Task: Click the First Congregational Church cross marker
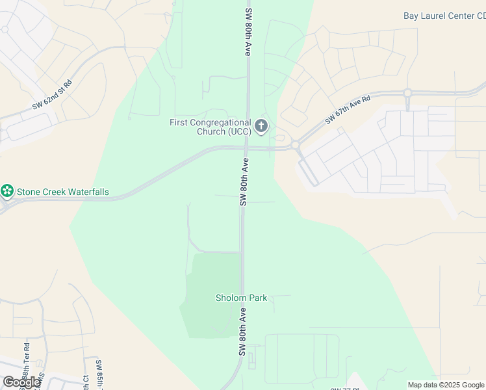[261, 125]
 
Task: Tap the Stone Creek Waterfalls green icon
[7, 192]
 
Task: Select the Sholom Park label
[241, 298]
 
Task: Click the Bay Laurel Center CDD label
[444, 16]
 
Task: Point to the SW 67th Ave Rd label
[348, 110]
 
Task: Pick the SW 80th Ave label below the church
[245, 182]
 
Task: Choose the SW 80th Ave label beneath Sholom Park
[242, 332]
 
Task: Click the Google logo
[21, 382]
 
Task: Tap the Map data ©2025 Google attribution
[446, 385]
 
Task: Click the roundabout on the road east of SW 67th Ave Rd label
[408, 93]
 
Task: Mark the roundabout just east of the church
[295, 145]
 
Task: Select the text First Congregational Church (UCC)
[210, 126]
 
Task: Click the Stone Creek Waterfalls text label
[62, 192]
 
